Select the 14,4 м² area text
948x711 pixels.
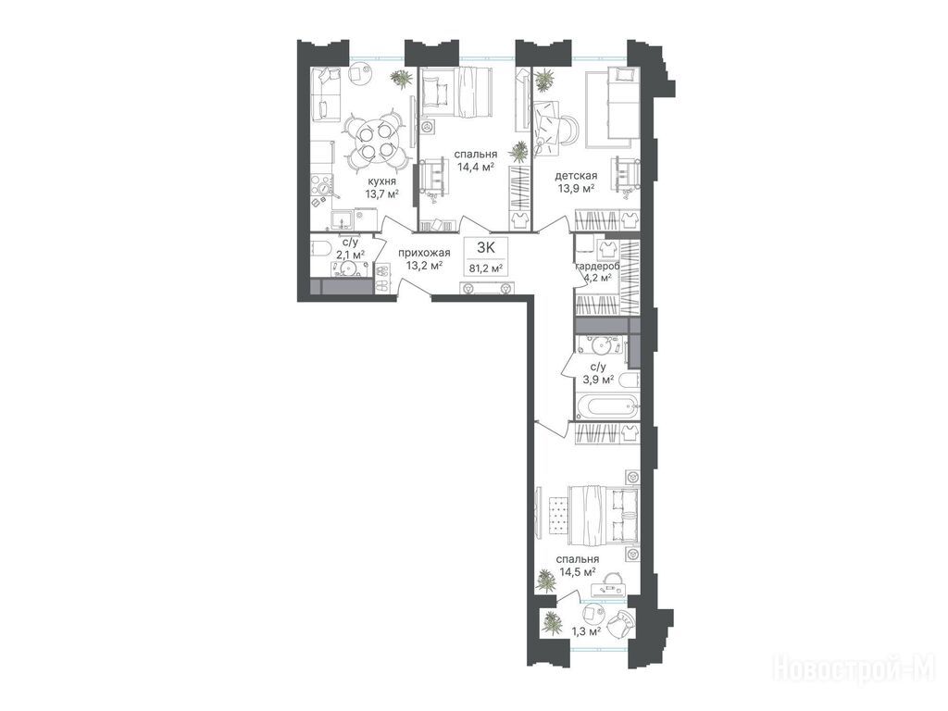tap(477, 167)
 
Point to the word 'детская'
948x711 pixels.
tap(576, 176)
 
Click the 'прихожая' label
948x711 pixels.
tap(424, 253)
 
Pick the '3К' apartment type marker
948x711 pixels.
tap(486, 247)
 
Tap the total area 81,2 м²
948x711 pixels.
tap(486, 268)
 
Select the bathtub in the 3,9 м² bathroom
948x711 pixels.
tap(605, 405)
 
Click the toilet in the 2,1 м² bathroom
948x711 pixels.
tap(319, 248)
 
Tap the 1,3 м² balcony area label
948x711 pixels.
tap(586, 632)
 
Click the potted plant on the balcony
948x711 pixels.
tap(552, 622)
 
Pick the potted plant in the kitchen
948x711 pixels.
tap(400, 79)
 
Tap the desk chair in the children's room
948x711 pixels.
tap(568, 130)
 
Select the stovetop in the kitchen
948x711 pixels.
tap(322, 187)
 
